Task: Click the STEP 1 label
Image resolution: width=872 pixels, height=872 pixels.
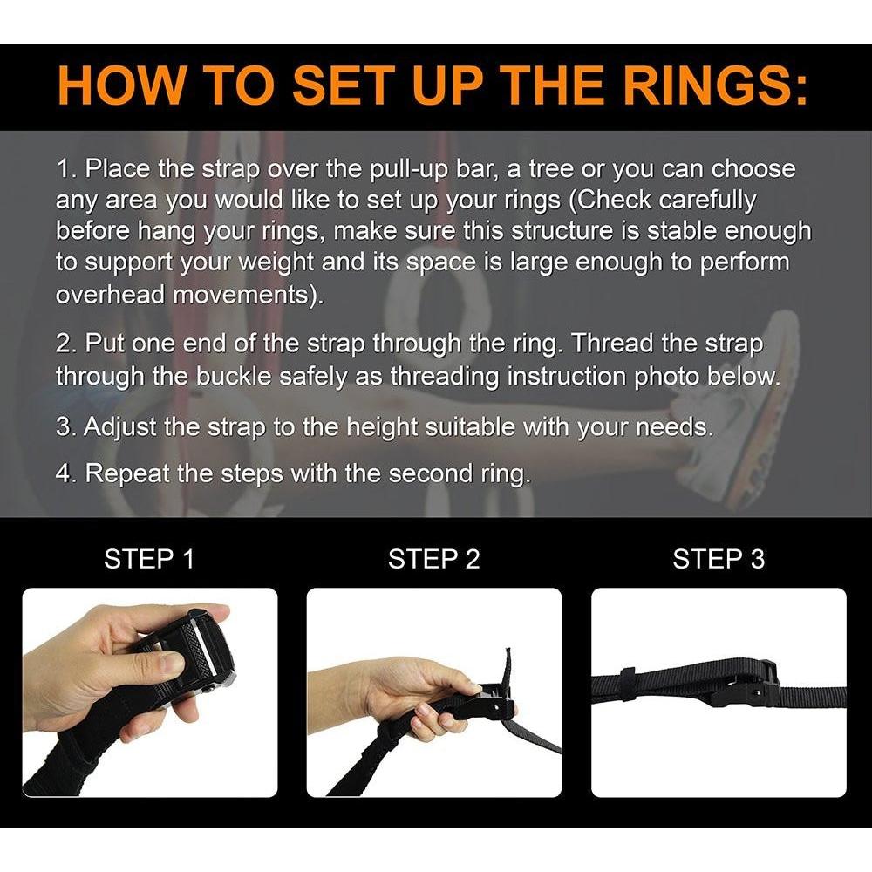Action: click(150, 559)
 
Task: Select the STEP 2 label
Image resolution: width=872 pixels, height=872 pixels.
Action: click(433, 559)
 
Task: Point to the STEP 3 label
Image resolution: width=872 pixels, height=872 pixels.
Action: click(719, 559)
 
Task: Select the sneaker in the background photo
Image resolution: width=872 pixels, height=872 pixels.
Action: click(734, 401)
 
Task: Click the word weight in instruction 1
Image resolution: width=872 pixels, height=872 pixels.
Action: click(276, 263)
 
